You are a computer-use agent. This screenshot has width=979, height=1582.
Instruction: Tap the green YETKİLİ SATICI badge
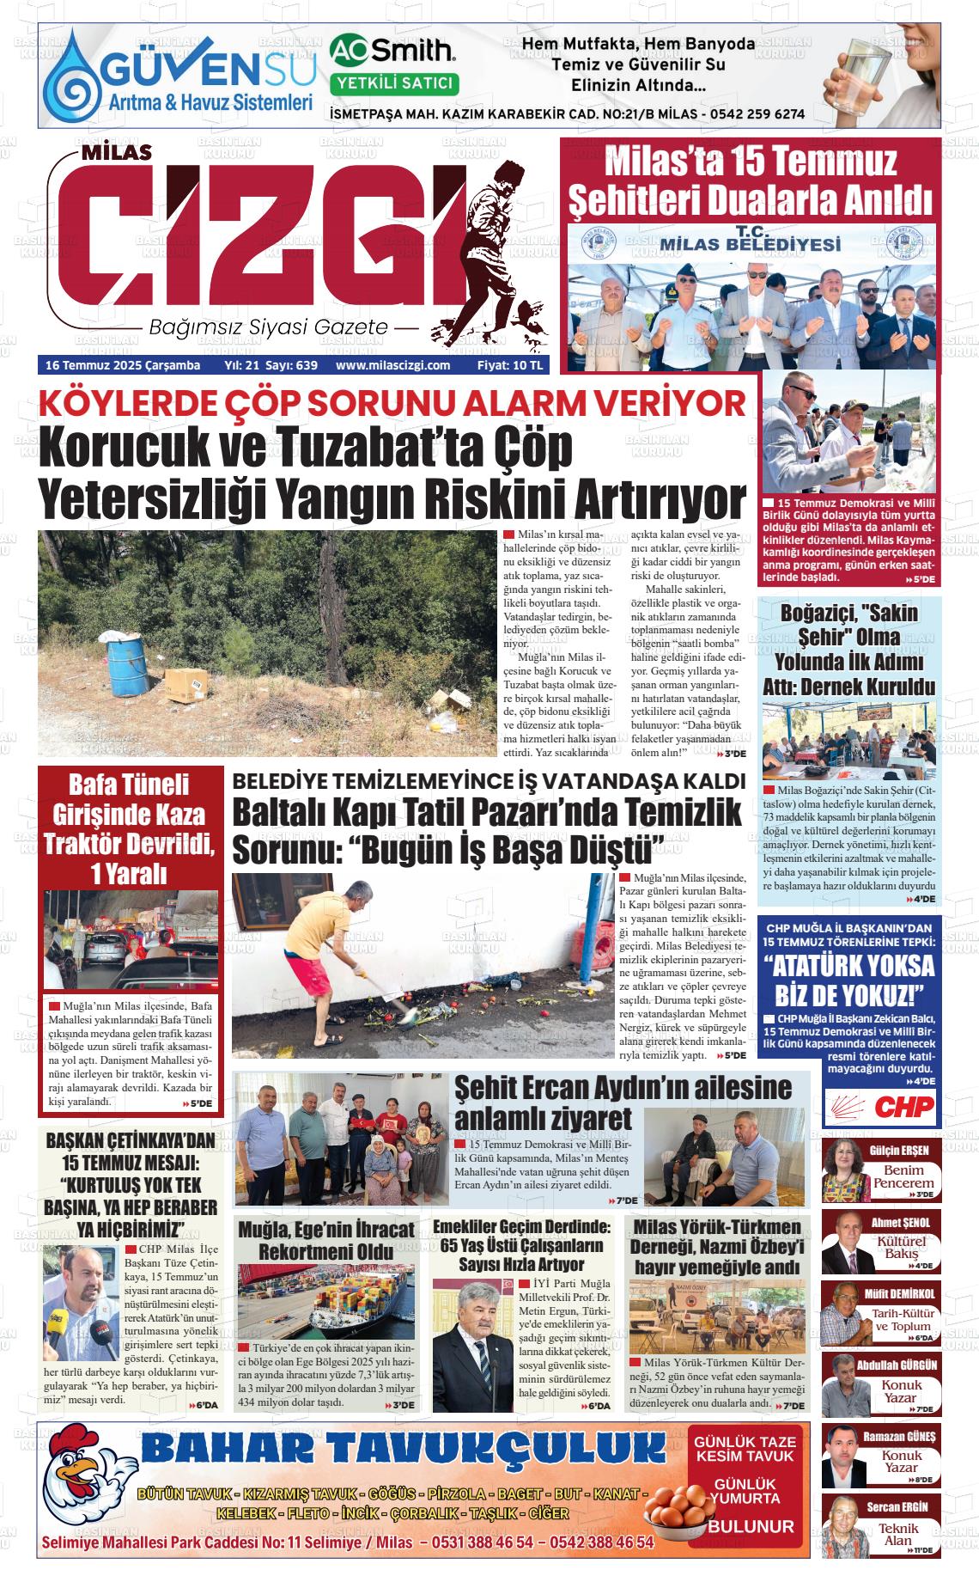coord(394,83)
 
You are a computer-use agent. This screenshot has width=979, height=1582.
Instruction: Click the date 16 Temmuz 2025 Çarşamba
coord(122,365)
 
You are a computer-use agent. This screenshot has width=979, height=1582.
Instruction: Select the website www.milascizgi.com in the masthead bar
coord(393,365)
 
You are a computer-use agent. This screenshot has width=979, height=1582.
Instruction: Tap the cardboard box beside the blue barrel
coord(186,685)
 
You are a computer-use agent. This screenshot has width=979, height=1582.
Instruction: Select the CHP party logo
coord(879,1107)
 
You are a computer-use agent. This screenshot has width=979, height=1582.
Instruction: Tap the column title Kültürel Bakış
coord(901,1248)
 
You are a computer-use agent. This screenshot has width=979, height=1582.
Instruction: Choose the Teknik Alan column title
coord(898,1534)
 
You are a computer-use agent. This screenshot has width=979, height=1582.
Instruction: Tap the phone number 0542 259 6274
coord(757,113)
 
